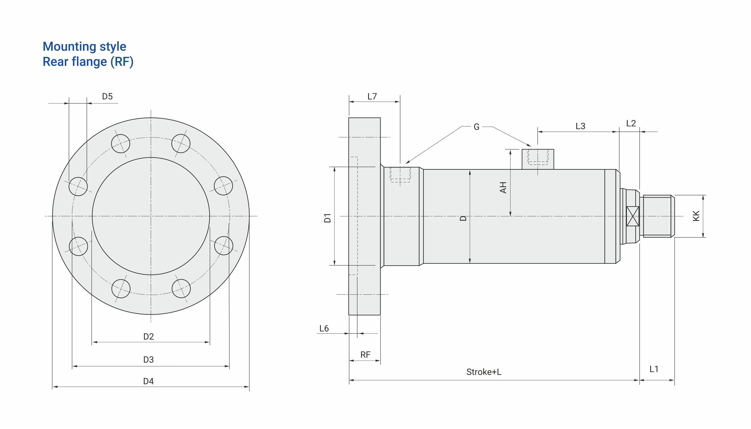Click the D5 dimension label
click(107, 97)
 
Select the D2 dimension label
click(148, 337)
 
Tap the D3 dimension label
click(148, 360)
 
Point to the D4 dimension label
click(148, 381)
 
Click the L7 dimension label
click(372, 97)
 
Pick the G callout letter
click(476, 127)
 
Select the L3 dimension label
click(580, 126)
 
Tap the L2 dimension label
click(631, 123)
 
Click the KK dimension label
click(696, 216)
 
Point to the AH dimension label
click(503, 188)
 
